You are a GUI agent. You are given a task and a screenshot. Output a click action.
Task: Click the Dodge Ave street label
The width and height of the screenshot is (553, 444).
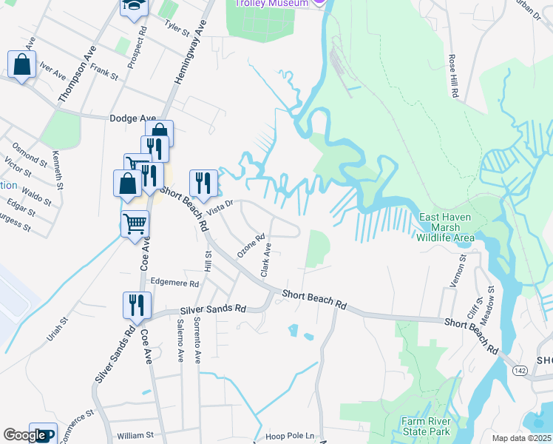[x=132, y=118]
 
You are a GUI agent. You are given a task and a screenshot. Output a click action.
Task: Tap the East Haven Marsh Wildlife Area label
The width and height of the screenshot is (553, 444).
[x=445, y=227]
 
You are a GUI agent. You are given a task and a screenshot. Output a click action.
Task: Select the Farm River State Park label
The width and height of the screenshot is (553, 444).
[x=426, y=426]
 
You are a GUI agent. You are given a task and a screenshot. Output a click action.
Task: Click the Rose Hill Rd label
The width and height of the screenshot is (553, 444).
[x=454, y=75]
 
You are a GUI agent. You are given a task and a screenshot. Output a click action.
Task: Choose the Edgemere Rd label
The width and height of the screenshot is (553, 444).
[x=174, y=283]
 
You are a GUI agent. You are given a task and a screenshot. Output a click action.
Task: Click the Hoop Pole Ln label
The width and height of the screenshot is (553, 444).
[x=290, y=436]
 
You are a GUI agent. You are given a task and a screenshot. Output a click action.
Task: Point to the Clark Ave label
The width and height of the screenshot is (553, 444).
[x=266, y=260]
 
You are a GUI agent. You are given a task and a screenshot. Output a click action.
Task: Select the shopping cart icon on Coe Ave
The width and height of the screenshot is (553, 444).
[x=135, y=222]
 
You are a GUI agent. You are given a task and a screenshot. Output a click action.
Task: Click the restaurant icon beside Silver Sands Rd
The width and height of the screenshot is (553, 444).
[x=137, y=304]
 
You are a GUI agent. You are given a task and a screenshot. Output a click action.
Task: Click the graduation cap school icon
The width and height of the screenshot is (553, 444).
[x=135, y=6]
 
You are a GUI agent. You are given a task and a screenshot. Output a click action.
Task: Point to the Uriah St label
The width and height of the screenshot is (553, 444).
[x=58, y=329]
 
